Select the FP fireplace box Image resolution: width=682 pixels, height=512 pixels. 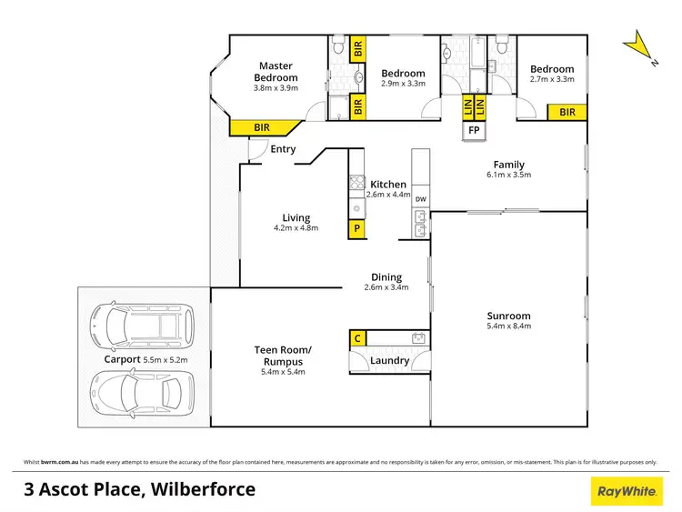pyautogui.click(x=473, y=130)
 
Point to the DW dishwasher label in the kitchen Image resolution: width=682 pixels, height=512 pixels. pyautogui.click(x=420, y=199)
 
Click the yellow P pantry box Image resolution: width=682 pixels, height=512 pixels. pyautogui.click(x=356, y=228)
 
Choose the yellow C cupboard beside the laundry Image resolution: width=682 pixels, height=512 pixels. pyautogui.click(x=357, y=338)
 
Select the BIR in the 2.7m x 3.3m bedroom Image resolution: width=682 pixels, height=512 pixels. pyautogui.click(x=567, y=112)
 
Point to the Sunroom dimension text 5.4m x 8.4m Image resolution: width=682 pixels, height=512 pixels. pyautogui.click(x=508, y=326)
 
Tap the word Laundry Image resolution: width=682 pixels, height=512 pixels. pyautogui.click(x=389, y=361)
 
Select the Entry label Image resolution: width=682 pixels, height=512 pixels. pyautogui.click(x=283, y=149)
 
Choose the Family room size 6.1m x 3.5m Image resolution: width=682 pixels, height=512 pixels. pyautogui.click(x=508, y=175)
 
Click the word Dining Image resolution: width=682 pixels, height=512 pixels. pyautogui.click(x=386, y=277)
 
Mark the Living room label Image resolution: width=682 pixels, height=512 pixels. pyautogui.click(x=296, y=217)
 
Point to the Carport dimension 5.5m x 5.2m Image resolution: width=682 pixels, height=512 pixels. pyautogui.click(x=173, y=359)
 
